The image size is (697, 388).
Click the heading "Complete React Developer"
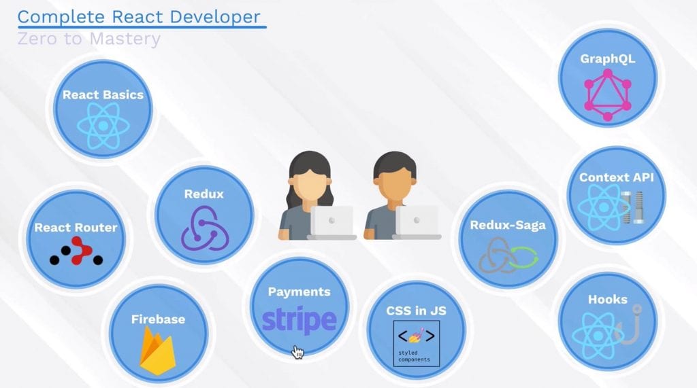click(x=139, y=17)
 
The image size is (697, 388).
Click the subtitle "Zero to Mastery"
click(x=89, y=39)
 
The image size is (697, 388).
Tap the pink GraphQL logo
click(x=607, y=94)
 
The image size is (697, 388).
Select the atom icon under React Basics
click(x=103, y=126)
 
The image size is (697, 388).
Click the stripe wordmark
click(x=299, y=320)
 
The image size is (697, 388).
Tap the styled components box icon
click(x=417, y=344)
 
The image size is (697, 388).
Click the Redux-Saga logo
click(x=508, y=255)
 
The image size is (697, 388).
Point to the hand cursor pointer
click(x=297, y=352)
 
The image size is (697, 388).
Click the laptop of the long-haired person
click(x=331, y=222)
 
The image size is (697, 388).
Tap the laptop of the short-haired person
click(x=417, y=222)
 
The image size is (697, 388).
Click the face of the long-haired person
click(x=310, y=183)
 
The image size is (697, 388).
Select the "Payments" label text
click(x=299, y=292)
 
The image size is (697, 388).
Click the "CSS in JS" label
click(x=416, y=311)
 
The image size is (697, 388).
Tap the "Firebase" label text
click(x=158, y=319)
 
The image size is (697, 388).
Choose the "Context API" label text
click(x=616, y=177)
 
